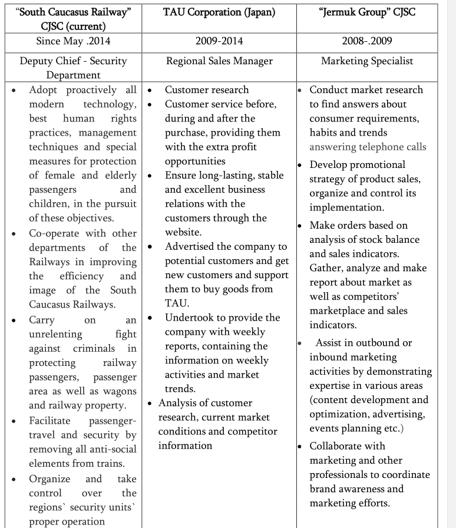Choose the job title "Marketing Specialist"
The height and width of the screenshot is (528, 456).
pyautogui.click(x=366, y=61)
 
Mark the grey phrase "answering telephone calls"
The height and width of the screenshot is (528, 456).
pyautogui.click(x=368, y=147)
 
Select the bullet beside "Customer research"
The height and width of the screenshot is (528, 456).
pyautogui.click(x=150, y=90)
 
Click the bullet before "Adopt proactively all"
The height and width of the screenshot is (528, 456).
pyautogui.click(x=13, y=90)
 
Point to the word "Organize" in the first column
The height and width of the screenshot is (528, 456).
pyautogui.click(x=49, y=478)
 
